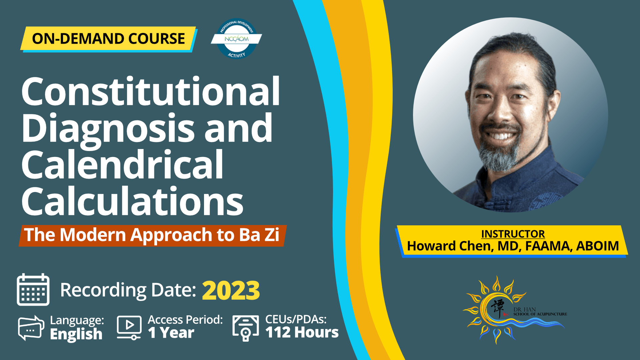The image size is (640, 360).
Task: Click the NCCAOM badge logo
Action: pyautogui.click(x=236, y=39)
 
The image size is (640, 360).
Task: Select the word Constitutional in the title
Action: pyautogui.click(x=151, y=91)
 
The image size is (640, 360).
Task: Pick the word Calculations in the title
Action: pyautogui.click(x=132, y=201)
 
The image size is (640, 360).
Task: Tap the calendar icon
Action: pyautogui.click(x=33, y=289)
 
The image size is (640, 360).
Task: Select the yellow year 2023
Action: pyautogui.click(x=231, y=290)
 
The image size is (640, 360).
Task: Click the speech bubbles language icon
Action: pyautogui.click(x=31, y=328)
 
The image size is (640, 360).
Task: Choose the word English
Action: pyautogui.click(x=76, y=334)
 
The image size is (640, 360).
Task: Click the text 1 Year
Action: pyautogui.click(x=171, y=333)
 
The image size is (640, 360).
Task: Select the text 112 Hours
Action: pyautogui.click(x=302, y=332)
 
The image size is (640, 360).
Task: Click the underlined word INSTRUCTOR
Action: pyautogui.click(x=513, y=234)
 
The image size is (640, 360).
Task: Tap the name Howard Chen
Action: pyautogui.click(x=450, y=246)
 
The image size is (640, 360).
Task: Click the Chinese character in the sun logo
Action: pyautogui.click(x=498, y=309)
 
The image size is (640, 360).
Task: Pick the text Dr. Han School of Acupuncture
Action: pyautogui.click(x=540, y=312)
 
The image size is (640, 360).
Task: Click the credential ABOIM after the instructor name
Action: pyautogui.click(x=597, y=246)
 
